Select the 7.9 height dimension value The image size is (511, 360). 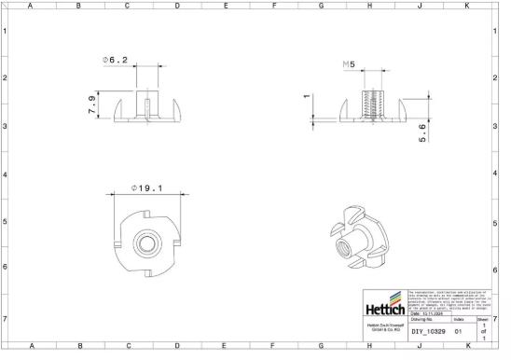click(90, 104)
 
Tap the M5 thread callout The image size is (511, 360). click(350, 64)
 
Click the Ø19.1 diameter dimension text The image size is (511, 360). click(145, 188)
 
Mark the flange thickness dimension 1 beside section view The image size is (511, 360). click(306, 96)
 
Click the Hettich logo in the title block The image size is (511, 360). click(383, 309)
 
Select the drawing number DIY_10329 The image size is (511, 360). click(429, 331)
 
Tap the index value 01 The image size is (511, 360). click(458, 331)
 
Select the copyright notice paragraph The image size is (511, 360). click(448, 300)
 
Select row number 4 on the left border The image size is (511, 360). click(6, 175)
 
